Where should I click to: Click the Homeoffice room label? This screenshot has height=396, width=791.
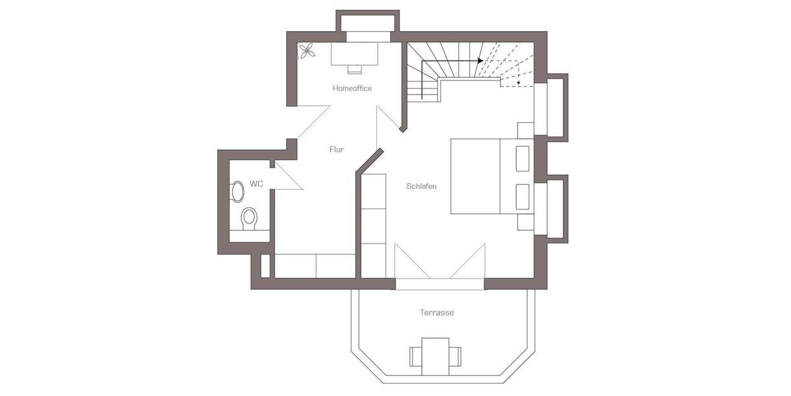point(352,88)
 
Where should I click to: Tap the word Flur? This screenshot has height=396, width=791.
point(337,149)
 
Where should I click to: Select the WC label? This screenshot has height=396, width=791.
point(256,183)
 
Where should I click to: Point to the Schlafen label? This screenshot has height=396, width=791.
point(421,186)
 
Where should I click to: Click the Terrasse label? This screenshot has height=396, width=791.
point(437,312)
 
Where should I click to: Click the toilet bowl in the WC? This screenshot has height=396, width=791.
point(249,218)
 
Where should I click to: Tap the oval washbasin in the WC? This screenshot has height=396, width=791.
point(237,191)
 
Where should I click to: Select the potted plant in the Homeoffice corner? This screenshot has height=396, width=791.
point(307,51)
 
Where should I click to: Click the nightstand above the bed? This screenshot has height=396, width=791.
point(525,130)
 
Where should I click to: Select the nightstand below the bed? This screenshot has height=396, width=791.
point(525,221)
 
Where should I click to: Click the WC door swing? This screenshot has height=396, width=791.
point(285,176)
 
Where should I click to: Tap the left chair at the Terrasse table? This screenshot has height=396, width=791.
point(417,356)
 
